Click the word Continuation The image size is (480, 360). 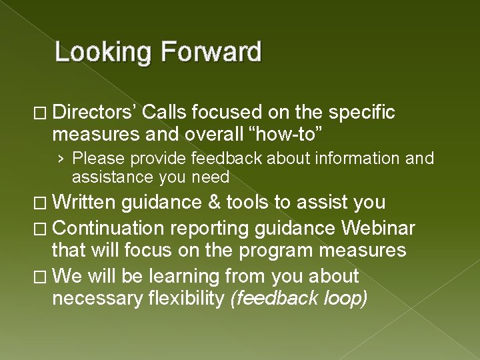(x=107, y=228)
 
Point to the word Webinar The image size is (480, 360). (x=378, y=228)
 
